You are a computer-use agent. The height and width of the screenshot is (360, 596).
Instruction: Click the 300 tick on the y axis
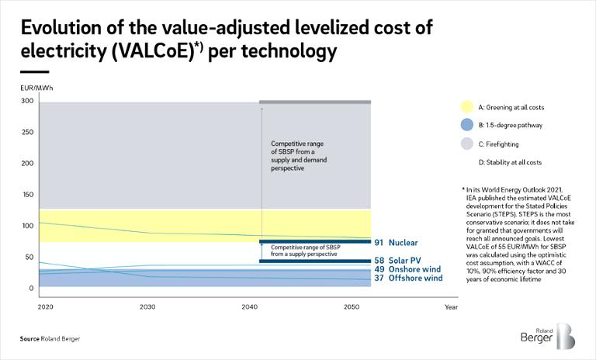(x=26, y=101)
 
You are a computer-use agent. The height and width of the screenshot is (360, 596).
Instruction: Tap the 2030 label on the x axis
(x=147, y=307)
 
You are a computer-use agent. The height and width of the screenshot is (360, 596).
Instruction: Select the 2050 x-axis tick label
(x=352, y=307)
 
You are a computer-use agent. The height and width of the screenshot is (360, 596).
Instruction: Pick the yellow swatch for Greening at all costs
(x=466, y=106)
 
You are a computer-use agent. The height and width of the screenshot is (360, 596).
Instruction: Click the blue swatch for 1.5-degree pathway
(x=466, y=125)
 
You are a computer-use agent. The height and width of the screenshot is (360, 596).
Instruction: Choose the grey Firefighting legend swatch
(x=466, y=144)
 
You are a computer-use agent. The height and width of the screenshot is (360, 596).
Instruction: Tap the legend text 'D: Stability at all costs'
(x=510, y=162)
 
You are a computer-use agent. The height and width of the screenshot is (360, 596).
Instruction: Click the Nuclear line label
(x=404, y=243)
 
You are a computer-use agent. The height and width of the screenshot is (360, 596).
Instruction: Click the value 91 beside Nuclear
(x=379, y=243)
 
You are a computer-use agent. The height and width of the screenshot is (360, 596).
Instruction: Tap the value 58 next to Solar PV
(x=379, y=261)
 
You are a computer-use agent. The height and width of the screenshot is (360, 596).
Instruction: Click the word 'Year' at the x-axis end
(x=451, y=307)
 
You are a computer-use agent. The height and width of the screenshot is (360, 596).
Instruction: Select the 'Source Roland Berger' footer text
(x=50, y=340)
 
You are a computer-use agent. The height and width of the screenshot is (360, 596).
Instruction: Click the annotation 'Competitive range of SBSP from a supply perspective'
(x=303, y=251)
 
